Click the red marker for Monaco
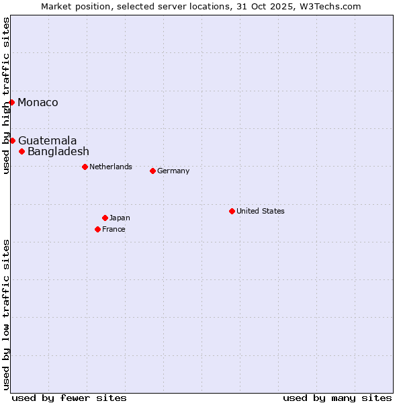[12, 102]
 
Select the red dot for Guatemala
[12, 140]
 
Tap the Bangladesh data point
[22, 151]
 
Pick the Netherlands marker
[85, 167]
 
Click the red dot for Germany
[152, 171]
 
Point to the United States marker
[232, 211]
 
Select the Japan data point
[105, 218]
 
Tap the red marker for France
[97, 229]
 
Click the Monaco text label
[38, 102]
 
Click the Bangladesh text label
[58, 151]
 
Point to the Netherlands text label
[111, 167]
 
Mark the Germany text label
[173, 171]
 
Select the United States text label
[261, 211]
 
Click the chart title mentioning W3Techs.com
[201, 6]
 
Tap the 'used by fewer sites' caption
[69, 398]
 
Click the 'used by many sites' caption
[337, 398]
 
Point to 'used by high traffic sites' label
[6, 95]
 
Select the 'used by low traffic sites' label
[6, 314]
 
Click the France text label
[114, 229]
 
